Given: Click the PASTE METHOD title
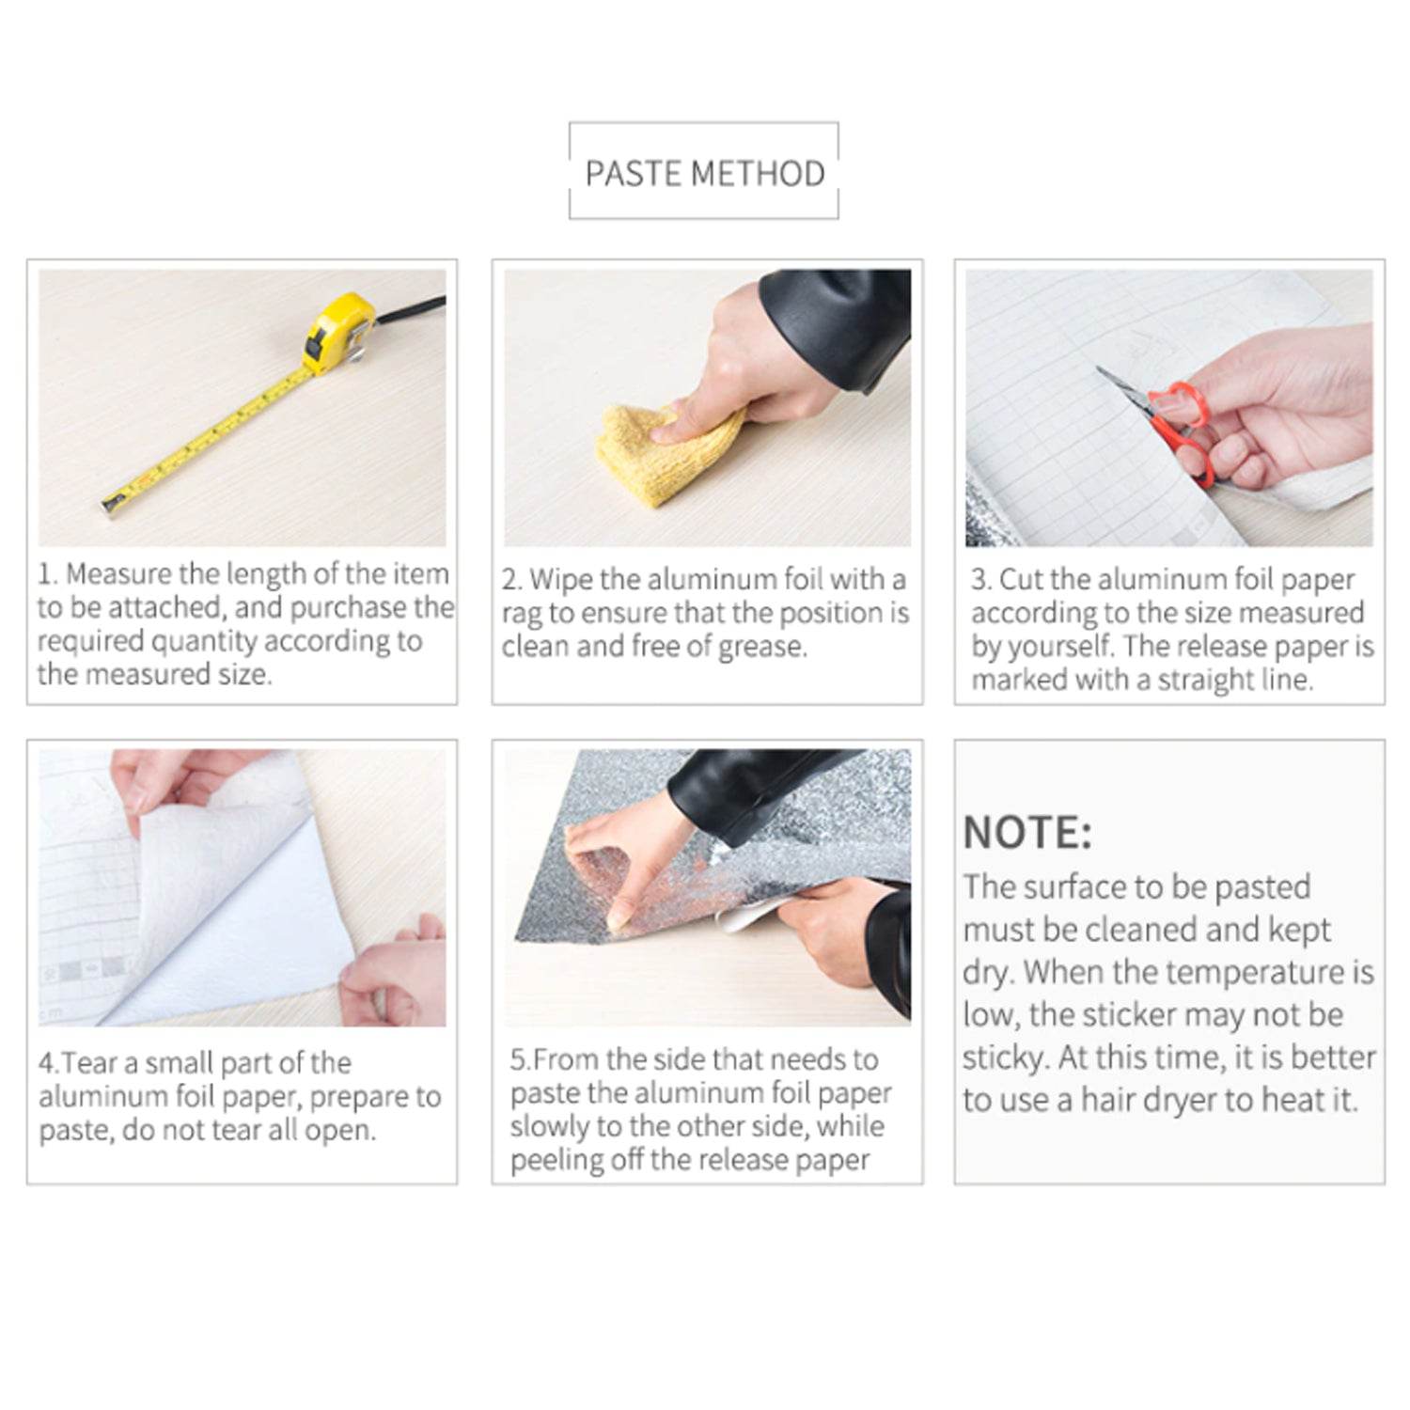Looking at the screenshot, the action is coord(704,174).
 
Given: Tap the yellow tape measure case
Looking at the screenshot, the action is coord(338,331).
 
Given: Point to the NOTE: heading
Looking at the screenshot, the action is coord(1027,833).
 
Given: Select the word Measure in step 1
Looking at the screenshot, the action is coord(119,573).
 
